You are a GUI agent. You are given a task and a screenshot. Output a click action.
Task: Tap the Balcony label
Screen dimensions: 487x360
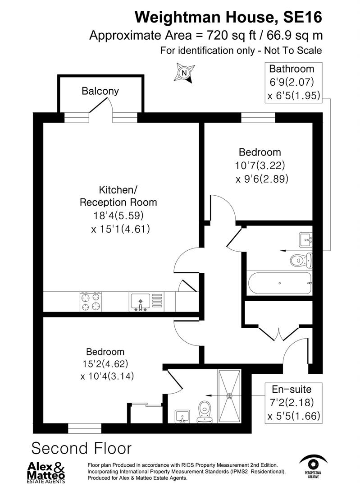pos(100,91)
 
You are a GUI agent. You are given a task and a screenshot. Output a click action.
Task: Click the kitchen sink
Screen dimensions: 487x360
pos(141,301)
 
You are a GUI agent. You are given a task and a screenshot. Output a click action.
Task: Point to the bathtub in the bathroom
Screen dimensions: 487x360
pos(279,283)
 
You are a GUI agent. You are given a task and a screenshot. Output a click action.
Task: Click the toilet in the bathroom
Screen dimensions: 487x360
pos(300,260)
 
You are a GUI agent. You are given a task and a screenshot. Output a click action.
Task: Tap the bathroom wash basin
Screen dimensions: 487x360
pos(305,239)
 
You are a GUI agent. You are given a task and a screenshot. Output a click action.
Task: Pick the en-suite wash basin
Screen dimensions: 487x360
pos(182,417)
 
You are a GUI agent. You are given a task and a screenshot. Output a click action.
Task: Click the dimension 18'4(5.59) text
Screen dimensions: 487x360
pos(118,216)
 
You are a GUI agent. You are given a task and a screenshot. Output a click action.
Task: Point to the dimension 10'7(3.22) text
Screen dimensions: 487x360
pos(260,165)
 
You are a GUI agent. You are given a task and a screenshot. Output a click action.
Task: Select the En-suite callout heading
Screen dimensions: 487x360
pos(291,389)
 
